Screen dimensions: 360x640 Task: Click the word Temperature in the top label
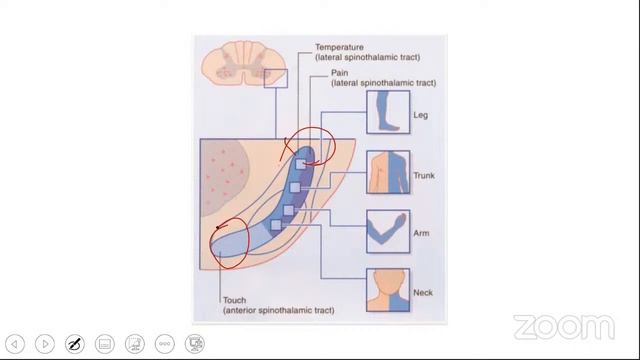[340, 47]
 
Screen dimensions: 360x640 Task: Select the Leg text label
[420, 115]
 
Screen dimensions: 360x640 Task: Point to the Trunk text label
[424, 176]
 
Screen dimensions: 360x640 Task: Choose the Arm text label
[421, 233]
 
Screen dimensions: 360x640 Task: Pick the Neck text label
[423, 293]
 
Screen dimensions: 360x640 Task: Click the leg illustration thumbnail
[388, 112]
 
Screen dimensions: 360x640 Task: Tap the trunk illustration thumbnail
[388, 172]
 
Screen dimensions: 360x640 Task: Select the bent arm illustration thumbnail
[388, 231]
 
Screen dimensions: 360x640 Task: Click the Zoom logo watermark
[563, 327]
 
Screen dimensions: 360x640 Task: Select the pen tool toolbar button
[74, 344]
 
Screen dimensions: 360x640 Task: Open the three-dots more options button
[165, 344]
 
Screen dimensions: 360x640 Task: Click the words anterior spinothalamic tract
[279, 310]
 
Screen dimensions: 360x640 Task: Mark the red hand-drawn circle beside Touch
[229, 245]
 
